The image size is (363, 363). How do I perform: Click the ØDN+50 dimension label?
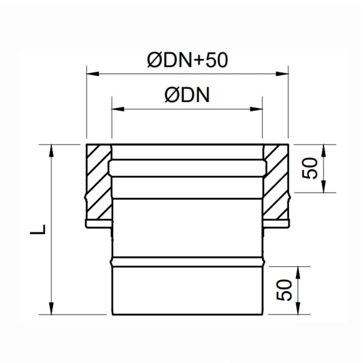coord(187,60)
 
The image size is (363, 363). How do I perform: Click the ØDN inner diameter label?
coord(187,95)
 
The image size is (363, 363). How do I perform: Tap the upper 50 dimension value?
coord(310,169)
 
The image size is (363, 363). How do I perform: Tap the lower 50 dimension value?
coord(285,290)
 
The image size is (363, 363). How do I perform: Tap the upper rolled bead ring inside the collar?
coord(187,168)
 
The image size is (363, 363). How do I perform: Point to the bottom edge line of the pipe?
coord(187,315)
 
